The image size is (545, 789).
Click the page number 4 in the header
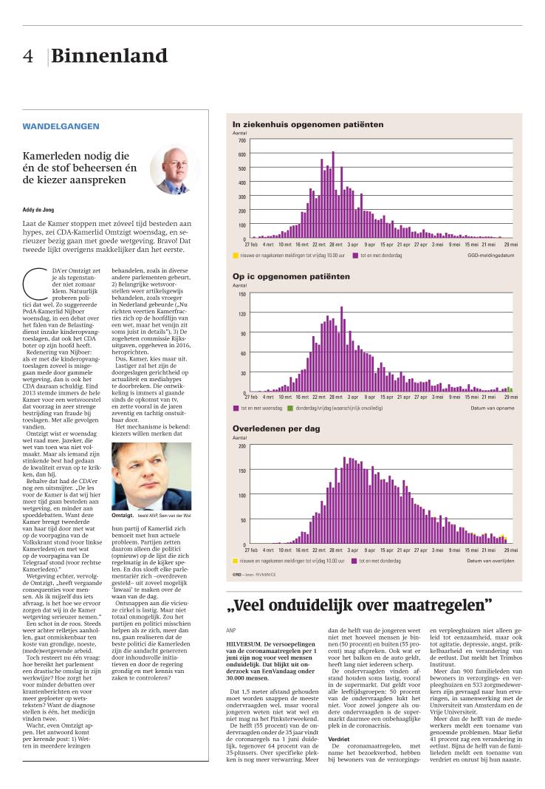click(x=27, y=57)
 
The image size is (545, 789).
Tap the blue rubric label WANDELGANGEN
click(x=61, y=126)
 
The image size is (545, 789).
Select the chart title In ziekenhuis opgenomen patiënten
click(x=308, y=125)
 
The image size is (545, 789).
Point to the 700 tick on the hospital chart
click(x=241, y=140)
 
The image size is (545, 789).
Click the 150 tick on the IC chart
click(x=241, y=294)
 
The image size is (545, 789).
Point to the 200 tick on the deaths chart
click(x=241, y=446)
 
